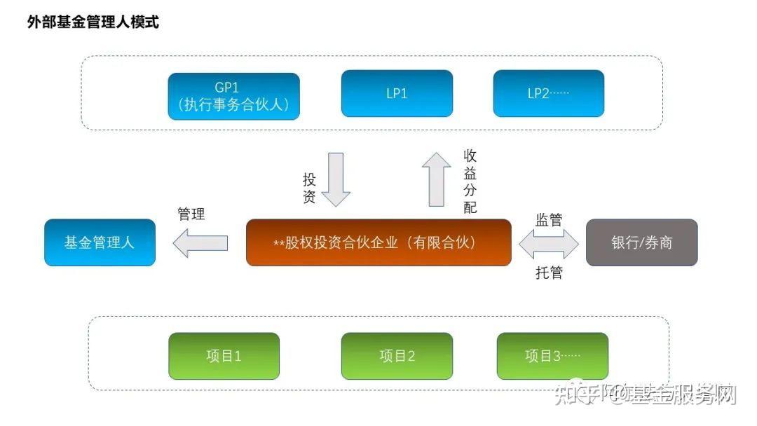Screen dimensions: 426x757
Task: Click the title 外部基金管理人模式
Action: click(x=93, y=22)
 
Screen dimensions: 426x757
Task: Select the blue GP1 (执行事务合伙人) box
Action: click(x=233, y=97)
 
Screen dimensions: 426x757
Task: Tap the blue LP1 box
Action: click(x=397, y=93)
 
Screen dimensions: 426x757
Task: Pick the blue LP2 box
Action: click(x=548, y=93)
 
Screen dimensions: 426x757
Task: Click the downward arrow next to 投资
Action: click(x=336, y=179)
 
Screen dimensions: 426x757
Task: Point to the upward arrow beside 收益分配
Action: click(x=437, y=179)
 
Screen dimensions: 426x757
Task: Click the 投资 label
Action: click(x=309, y=188)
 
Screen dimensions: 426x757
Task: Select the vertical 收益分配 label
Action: click(x=470, y=181)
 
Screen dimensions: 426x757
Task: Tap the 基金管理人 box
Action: click(x=100, y=242)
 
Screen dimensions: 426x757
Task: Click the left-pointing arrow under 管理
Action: click(x=200, y=243)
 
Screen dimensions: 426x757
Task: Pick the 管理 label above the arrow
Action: click(x=191, y=214)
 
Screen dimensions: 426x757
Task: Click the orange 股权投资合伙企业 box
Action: click(x=378, y=242)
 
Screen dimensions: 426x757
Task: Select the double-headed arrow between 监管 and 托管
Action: click(x=548, y=244)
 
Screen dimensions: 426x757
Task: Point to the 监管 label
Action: click(x=548, y=219)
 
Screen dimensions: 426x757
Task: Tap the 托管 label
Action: click(x=548, y=273)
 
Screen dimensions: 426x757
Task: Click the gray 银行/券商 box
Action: click(x=641, y=242)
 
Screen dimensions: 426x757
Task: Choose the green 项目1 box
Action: click(x=224, y=356)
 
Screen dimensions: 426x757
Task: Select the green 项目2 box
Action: click(x=397, y=356)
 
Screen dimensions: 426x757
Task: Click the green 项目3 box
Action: click(x=552, y=356)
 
